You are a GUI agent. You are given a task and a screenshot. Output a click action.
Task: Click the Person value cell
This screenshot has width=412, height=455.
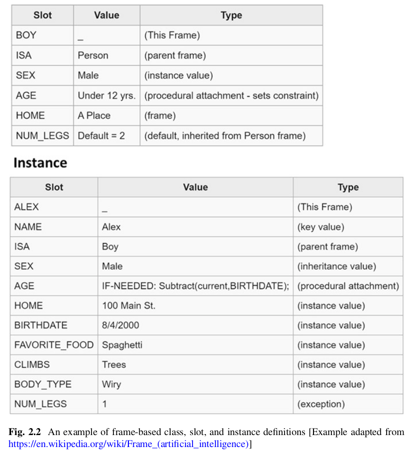(93, 55)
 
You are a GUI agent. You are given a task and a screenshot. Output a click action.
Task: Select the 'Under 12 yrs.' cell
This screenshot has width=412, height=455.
(106, 95)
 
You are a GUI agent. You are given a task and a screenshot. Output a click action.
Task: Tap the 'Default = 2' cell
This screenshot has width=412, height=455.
(102, 135)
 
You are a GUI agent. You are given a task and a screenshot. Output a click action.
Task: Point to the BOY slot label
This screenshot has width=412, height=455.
(26, 35)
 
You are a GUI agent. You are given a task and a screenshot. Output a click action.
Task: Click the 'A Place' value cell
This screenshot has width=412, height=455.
(94, 115)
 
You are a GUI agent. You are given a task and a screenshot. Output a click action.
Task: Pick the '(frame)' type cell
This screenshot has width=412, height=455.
(160, 115)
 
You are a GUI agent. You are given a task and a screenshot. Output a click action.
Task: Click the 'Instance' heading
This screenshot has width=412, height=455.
(40, 163)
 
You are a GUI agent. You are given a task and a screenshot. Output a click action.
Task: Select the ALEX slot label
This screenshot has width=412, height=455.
(26, 207)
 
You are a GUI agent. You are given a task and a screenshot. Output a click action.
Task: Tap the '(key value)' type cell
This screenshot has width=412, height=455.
(320, 227)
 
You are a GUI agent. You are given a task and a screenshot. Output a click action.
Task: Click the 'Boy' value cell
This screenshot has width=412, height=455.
(110, 247)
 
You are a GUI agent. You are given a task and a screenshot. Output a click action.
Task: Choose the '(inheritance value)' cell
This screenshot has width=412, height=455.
(336, 266)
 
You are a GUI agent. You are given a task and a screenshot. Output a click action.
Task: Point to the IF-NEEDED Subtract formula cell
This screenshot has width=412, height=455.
(195, 286)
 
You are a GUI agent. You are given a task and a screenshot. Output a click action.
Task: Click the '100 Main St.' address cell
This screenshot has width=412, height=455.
(129, 305)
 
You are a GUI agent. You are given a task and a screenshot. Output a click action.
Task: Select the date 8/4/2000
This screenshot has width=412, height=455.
(121, 325)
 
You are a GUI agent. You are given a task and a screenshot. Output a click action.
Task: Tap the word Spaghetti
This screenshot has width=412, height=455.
(122, 345)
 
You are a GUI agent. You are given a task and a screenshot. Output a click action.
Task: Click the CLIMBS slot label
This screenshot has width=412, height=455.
(32, 364)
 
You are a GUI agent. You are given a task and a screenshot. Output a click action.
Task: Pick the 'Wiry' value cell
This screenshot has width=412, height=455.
(111, 384)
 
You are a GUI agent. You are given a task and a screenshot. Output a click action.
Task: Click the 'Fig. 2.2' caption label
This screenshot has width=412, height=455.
(25, 432)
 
